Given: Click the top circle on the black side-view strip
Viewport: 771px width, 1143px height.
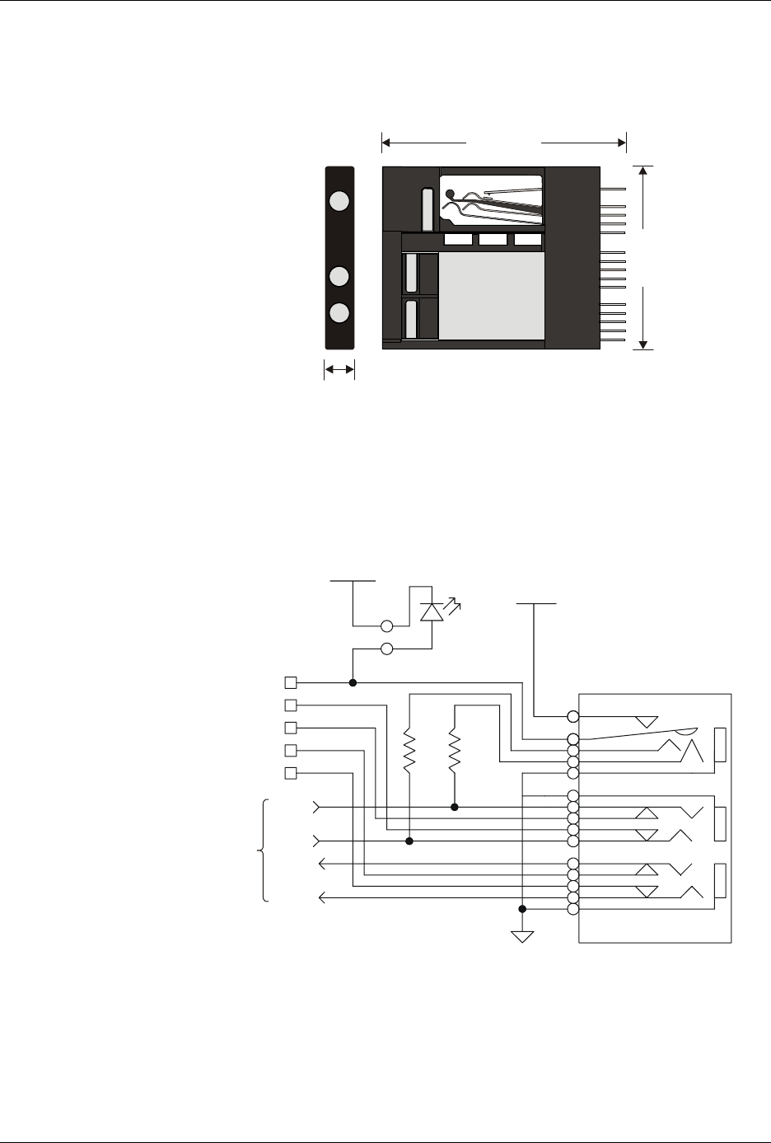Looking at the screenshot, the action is [x=339, y=200].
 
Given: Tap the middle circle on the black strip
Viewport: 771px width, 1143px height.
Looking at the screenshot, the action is [x=339, y=277].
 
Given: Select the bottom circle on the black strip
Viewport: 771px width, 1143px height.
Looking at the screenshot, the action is [x=339, y=313].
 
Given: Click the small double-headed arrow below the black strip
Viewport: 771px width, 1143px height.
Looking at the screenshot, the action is [x=339, y=372].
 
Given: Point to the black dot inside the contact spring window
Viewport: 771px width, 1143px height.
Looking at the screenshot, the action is [x=450, y=195].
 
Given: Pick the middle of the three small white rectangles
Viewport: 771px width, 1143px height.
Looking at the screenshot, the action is [x=493, y=240].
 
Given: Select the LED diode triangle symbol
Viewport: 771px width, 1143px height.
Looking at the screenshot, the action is [x=431, y=612].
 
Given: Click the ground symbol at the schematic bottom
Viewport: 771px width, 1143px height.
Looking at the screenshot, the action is [x=522, y=936].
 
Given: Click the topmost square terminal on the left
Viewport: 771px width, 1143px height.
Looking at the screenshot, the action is [x=290, y=682].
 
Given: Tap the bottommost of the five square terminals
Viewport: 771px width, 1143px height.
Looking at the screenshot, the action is [x=290, y=773].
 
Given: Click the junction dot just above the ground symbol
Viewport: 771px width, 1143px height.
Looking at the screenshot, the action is [x=522, y=909].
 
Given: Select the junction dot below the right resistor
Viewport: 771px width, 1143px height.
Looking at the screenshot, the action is [x=454, y=807].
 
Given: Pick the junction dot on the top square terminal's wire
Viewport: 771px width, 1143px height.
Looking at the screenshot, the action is [x=353, y=682].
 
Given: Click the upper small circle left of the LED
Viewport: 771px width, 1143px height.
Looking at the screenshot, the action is [x=386, y=625].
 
